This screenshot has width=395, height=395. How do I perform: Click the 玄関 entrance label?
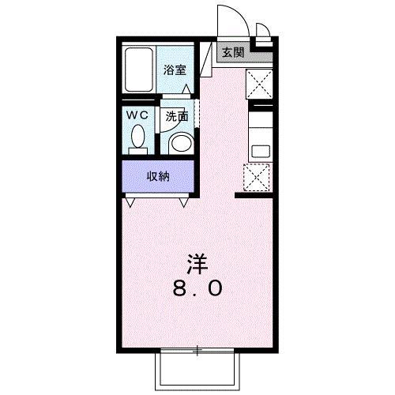(x=232, y=53)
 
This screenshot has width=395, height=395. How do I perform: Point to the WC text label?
(x=137, y=115)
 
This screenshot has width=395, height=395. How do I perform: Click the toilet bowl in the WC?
(x=137, y=141)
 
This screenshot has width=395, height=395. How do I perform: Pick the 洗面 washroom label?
(x=177, y=115)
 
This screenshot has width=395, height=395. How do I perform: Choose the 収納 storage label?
(x=158, y=176)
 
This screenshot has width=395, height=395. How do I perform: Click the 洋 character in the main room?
(x=196, y=261)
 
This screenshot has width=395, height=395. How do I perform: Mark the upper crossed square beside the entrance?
(x=259, y=82)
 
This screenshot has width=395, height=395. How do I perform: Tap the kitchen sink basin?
(x=258, y=148)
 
